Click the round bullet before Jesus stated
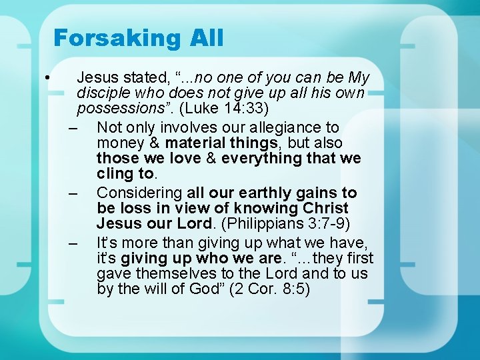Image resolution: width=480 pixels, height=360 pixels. click(49, 79)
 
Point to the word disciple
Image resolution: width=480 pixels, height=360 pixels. click(106, 93)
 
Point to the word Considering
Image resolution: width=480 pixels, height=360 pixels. click(139, 193)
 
